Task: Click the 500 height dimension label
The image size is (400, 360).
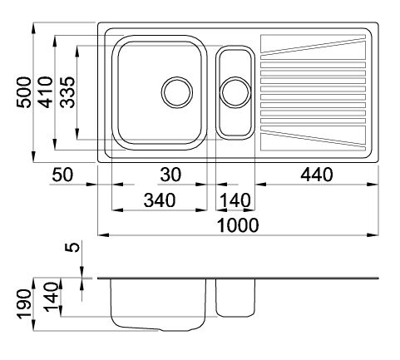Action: click(24, 92)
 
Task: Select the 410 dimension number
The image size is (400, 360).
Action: click(46, 92)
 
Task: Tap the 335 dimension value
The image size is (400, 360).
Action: click(67, 92)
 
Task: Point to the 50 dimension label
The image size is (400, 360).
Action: click(62, 175)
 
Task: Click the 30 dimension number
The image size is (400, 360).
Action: click(170, 175)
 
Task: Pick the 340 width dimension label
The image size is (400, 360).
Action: click(160, 200)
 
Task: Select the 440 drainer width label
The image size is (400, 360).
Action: click(317, 175)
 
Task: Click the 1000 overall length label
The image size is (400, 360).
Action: click(238, 225)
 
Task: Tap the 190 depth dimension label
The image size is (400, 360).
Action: click(23, 304)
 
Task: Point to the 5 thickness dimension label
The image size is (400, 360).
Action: click(72, 247)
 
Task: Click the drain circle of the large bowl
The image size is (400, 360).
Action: click(177, 92)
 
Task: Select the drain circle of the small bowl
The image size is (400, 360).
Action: click(235, 92)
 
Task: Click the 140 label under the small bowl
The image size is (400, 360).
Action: click(235, 200)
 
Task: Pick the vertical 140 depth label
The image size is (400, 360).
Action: click(52, 297)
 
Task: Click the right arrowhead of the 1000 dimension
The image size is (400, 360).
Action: click(373, 235)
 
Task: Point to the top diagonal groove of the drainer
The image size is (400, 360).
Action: click(314, 47)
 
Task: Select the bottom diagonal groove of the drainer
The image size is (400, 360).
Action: click(314, 138)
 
